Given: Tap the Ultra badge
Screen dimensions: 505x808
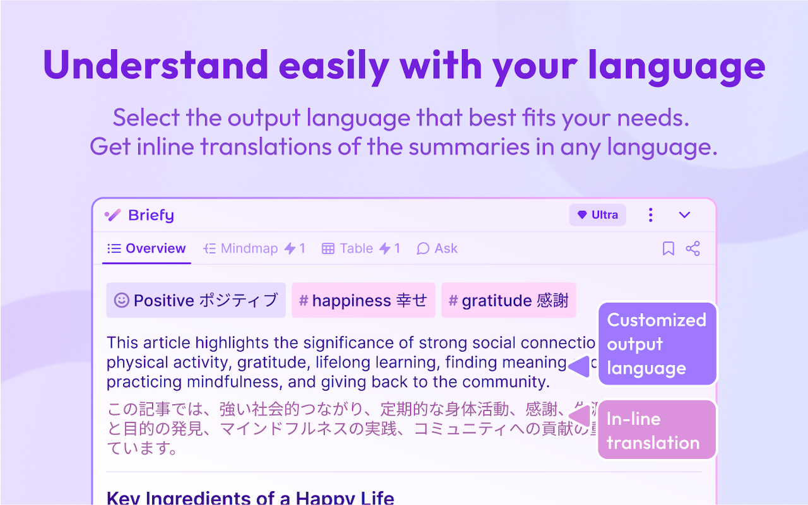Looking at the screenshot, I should click(597, 215).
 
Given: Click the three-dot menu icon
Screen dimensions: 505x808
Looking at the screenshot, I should click(650, 215).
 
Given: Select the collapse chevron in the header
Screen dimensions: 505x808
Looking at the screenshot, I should click(684, 215).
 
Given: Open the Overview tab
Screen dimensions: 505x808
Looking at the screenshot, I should click(146, 249).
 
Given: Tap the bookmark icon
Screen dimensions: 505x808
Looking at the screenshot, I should click(668, 249).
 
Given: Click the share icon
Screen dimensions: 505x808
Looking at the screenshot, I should click(692, 249).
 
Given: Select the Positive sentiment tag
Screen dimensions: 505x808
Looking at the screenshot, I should click(196, 300).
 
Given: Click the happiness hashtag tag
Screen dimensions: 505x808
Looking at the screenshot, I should click(363, 300).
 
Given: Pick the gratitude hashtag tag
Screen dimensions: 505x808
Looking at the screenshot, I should click(508, 300).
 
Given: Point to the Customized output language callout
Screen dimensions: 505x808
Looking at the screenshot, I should click(656, 344).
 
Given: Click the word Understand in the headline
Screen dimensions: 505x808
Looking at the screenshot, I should click(155, 64).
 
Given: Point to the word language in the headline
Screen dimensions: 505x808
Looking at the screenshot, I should click(676, 64).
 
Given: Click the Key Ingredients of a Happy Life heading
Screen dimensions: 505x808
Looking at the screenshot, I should click(250, 497).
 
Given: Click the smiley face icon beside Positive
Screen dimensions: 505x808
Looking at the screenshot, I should click(121, 300).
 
